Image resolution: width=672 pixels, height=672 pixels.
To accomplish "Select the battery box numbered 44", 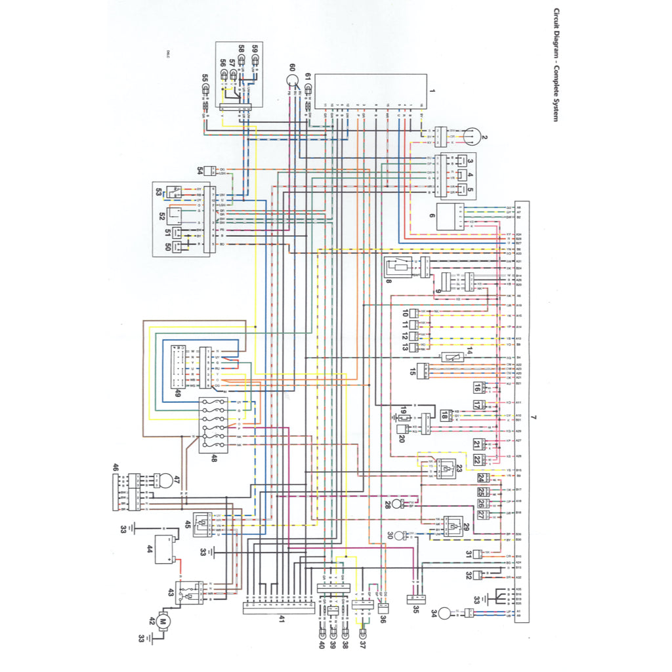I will click(x=162, y=549).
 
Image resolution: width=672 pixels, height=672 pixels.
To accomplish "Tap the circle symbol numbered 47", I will click(x=167, y=480).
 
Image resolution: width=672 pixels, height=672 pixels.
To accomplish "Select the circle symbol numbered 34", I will click(x=444, y=613).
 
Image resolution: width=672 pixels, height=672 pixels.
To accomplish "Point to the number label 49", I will click(x=178, y=394).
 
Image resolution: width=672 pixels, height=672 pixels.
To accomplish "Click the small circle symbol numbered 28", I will click(x=396, y=505).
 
